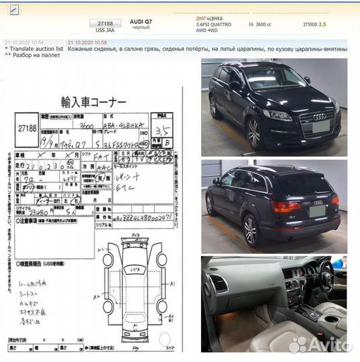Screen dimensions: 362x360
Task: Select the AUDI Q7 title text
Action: point(140,23)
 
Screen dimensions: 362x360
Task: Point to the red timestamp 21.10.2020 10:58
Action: point(87,42)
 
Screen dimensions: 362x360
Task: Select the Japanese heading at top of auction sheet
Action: point(93,102)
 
